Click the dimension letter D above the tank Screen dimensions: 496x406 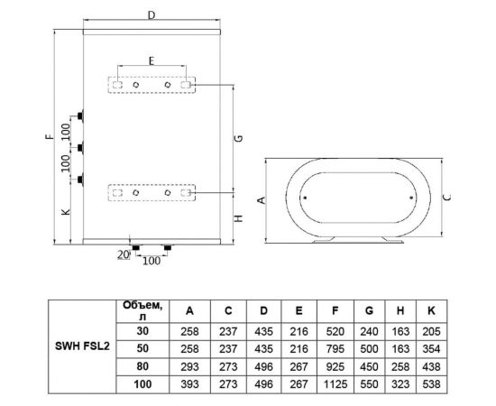[x=152, y=14]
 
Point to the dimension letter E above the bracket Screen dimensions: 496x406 [x=152, y=60]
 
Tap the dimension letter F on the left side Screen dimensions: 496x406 [x=50, y=137]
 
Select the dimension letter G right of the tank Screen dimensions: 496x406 [x=240, y=138]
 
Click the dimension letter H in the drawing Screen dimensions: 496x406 [x=239, y=218]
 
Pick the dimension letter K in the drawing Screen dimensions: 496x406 [x=66, y=212]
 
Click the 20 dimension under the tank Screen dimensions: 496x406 [x=124, y=254]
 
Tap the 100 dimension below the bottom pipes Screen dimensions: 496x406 [x=152, y=261]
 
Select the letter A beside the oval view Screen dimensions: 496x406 [x=262, y=200]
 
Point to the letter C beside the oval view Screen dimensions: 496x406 [x=447, y=198]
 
